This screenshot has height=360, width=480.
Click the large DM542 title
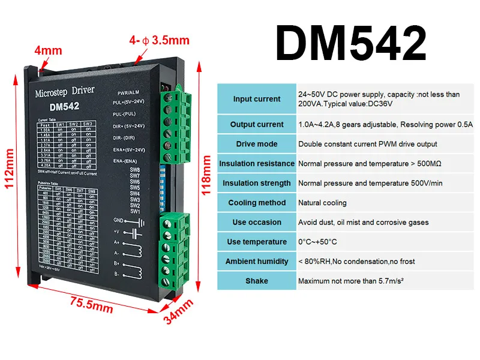click(351, 43)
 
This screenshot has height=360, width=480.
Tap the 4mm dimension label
click(49, 51)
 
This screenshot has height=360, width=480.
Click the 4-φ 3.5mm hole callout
click(159, 41)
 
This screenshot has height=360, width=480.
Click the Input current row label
click(256, 99)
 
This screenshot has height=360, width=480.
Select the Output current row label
click(256, 125)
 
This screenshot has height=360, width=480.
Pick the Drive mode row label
click(256, 144)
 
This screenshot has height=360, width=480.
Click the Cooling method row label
click(256, 203)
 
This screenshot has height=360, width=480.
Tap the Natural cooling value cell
click(322, 203)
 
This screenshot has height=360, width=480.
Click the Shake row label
click(256, 281)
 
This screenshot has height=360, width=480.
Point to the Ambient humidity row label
click(256, 262)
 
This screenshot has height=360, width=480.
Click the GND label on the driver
click(119, 220)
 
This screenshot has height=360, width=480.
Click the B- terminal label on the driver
click(118, 274)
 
